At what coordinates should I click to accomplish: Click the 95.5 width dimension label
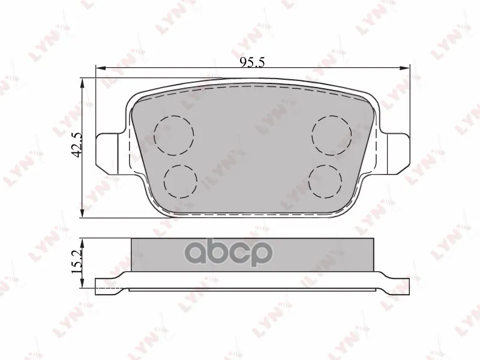[x=252, y=62]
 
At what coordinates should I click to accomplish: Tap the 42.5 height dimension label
[x=77, y=145]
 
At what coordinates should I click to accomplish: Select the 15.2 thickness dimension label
[x=77, y=261]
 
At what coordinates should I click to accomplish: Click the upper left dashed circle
[x=174, y=135]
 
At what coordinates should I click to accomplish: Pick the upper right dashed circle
[x=332, y=135]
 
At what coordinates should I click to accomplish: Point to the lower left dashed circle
[x=181, y=181]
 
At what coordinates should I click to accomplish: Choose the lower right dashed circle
[x=325, y=181]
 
